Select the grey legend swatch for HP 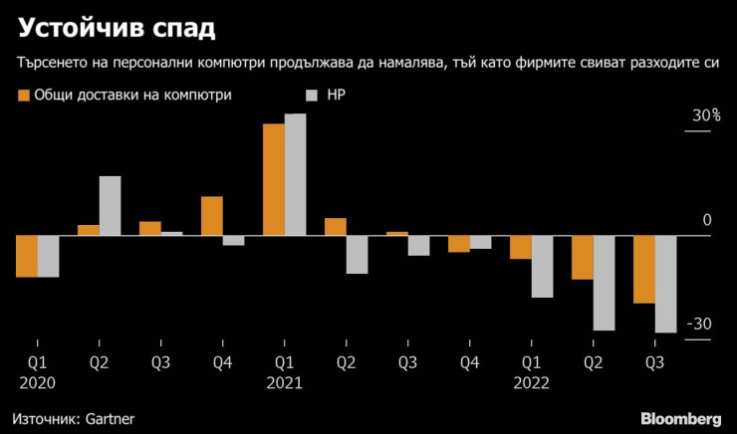point(311,96)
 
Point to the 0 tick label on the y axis point(707,220)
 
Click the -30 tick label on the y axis point(701,325)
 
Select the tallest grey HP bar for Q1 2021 point(296,175)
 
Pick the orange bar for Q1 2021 point(274,180)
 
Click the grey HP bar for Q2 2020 point(111,206)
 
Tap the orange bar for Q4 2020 point(212,216)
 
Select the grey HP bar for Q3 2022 point(666,284)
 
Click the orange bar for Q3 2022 point(644,269)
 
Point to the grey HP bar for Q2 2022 point(605,283)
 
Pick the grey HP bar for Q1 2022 point(543,267)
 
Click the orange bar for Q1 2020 point(27,256)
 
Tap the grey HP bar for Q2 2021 point(358,255)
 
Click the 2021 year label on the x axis point(284,381)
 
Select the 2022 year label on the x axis point(531,381)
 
